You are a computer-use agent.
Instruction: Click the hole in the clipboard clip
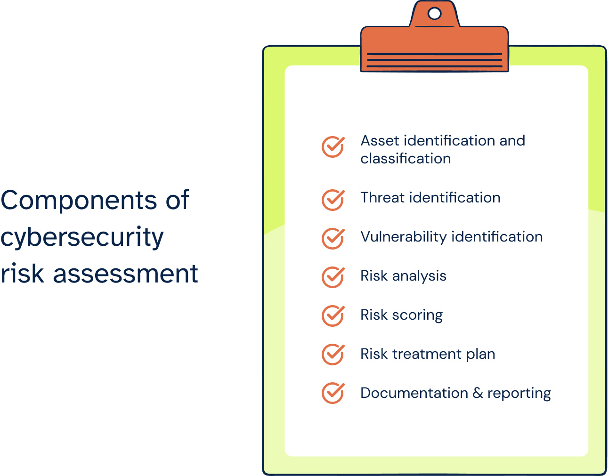[434, 14]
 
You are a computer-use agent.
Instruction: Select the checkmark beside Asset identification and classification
[333, 147]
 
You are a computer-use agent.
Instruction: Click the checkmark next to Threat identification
[333, 200]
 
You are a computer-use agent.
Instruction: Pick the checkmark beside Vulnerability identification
[333, 238]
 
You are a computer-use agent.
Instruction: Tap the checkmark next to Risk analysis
[333, 277]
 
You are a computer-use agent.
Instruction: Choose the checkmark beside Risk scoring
[333, 316]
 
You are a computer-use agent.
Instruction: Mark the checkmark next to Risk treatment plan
[333, 355]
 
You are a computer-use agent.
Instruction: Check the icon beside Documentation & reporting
[333, 393]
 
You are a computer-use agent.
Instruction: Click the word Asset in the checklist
[380, 141]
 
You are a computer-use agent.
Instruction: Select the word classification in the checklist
[406, 159]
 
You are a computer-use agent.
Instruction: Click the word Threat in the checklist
[382, 198]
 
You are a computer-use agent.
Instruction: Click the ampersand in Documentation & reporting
[478, 393]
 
